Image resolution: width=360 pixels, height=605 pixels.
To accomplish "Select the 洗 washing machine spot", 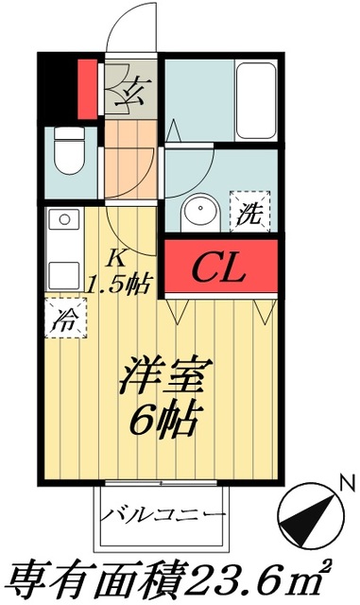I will [x=250, y=212].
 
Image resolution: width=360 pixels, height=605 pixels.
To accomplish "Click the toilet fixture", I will [x=66, y=150].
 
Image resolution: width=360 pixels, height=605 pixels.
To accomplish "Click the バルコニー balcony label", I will [x=164, y=515].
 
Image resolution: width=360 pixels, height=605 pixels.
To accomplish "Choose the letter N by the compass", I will [x=347, y=486].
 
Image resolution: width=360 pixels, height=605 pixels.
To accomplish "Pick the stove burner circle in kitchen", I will [x=65, y=219].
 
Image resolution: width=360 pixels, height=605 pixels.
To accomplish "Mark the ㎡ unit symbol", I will [x=326, y=575].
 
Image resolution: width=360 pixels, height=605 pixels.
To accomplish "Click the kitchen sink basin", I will [x=65, y=268].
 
